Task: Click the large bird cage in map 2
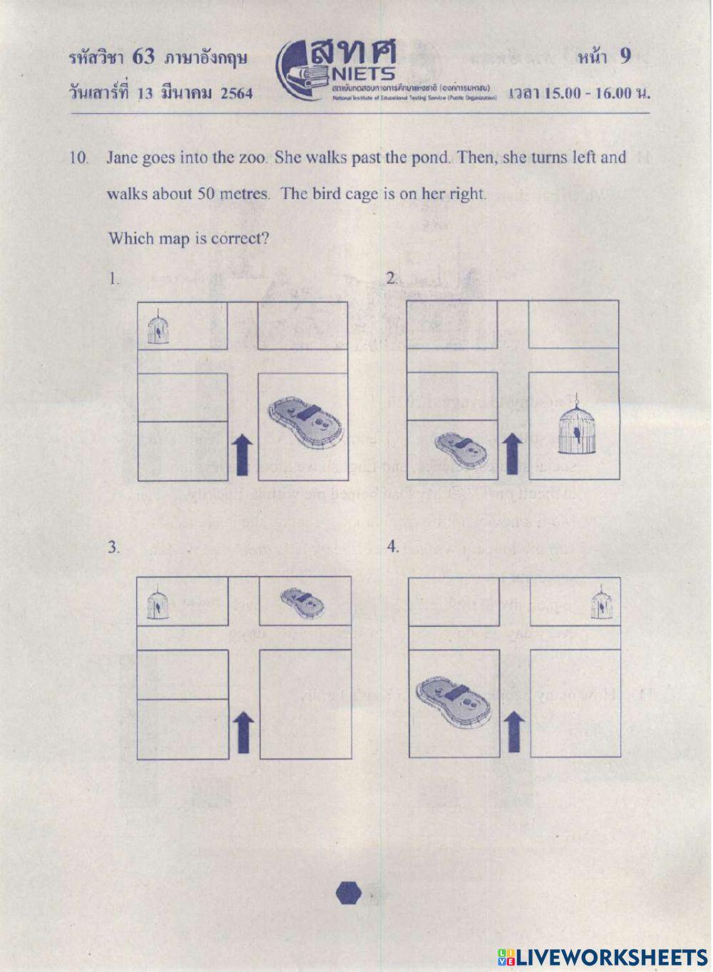point(575,430)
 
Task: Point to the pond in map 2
point(461,448)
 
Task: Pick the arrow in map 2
point(511,454)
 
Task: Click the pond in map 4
point(454,701)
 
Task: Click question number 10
point(78,158)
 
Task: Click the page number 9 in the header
point(625,56)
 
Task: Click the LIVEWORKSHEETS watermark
point(602,956)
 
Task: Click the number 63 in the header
point(143,57)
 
